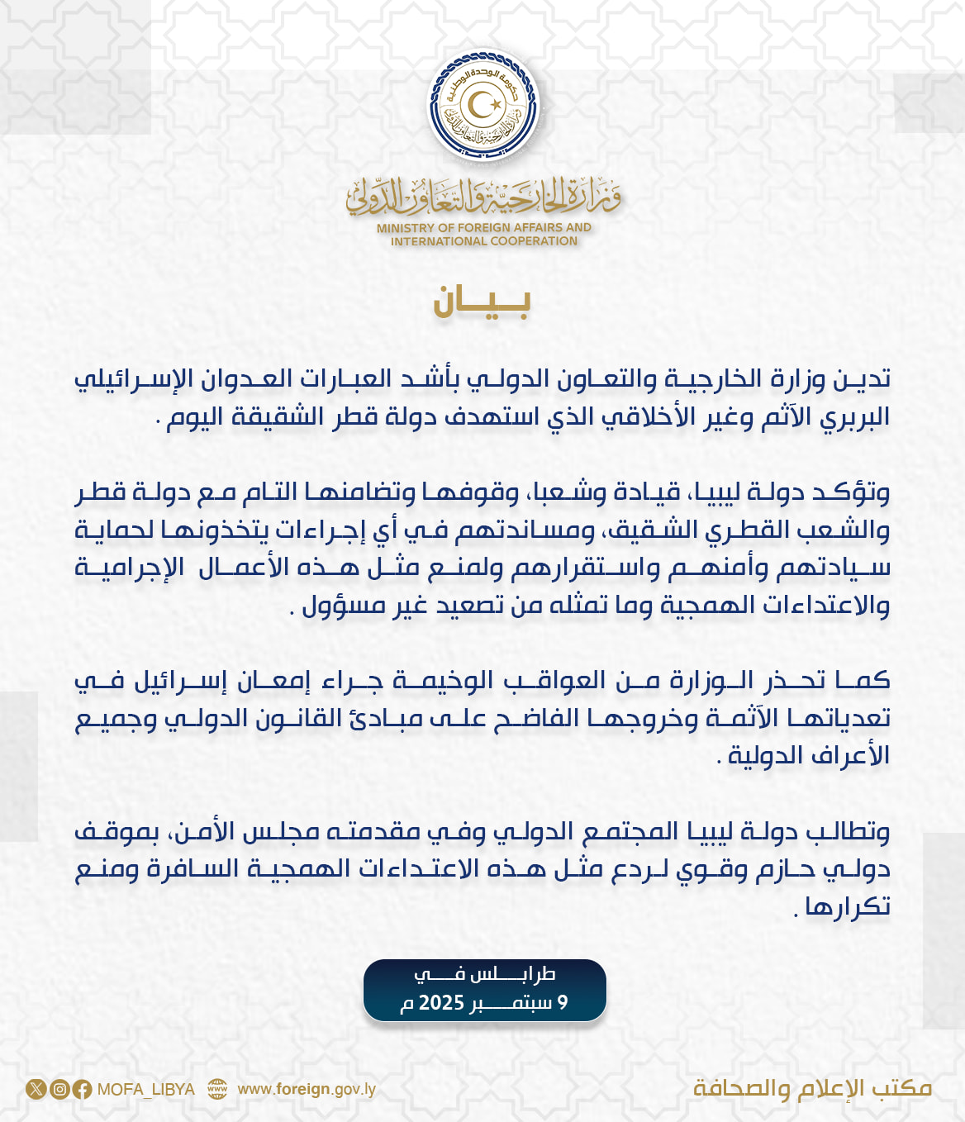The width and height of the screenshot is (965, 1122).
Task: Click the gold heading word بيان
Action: coord(482,302)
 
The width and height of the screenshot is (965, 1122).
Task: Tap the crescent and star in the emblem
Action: coord(483,105)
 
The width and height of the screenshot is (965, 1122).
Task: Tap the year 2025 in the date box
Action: coord(442,1003)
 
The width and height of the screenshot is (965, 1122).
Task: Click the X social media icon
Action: coord(36,1089)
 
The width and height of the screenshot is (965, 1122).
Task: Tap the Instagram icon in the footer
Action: coord(59,1089)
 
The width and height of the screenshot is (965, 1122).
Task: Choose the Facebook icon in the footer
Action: coord(82,1089)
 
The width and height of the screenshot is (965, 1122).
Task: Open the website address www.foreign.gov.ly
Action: coord(307,1089)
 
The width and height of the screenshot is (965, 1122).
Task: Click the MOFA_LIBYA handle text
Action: coord(146,1089)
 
